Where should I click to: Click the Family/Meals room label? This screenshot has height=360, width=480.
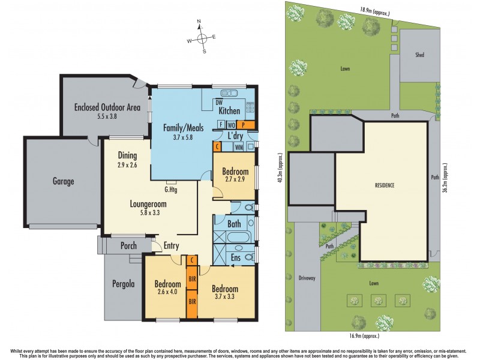tap(184, 128)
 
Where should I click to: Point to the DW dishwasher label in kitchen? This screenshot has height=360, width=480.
tap(219, 102)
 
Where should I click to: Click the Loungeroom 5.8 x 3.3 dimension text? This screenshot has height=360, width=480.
tap(148, 213)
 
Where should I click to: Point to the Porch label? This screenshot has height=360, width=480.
tap(128, 246)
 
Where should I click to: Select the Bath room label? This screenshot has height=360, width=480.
tap(234, 224)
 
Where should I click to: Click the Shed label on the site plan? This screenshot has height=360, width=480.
tap(419, 55)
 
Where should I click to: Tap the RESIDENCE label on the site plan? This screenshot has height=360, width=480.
tap(384, 185)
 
